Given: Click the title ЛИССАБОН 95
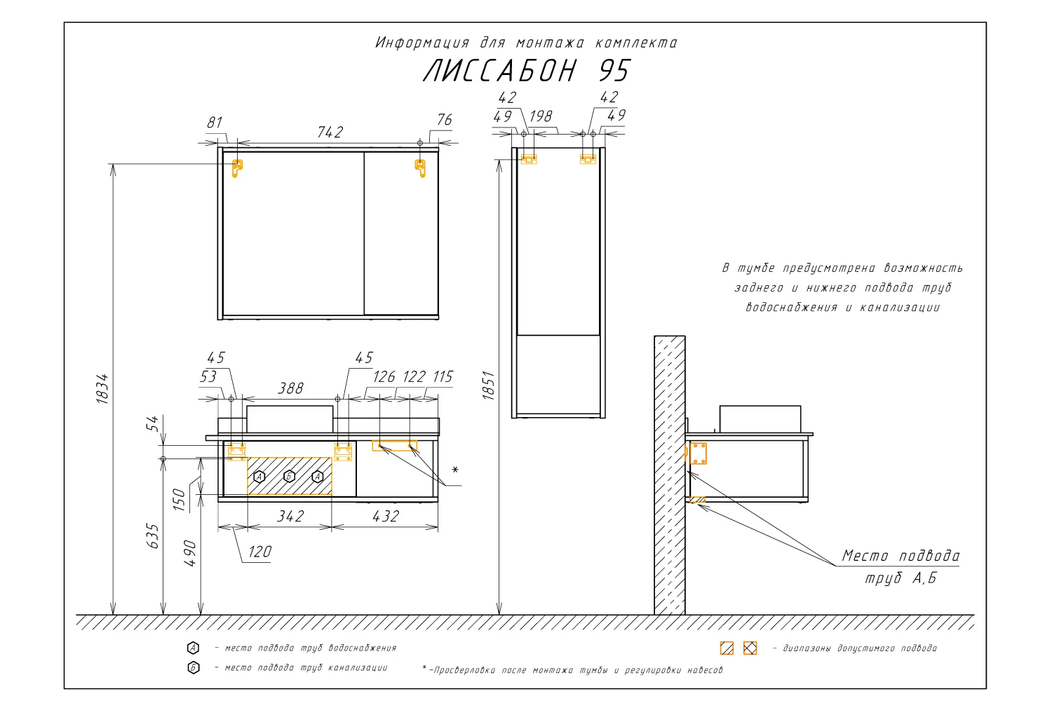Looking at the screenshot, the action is coord(527,71).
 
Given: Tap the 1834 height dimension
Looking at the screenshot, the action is coord(102,389).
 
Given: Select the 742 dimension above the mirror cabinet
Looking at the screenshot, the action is coord(330,132).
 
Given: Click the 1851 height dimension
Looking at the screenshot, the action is coord(488,386).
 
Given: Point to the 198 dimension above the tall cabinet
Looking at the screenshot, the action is coord(541,116).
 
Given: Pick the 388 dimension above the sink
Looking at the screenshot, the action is coord(291,388).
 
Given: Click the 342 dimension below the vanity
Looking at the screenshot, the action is coord(290,517).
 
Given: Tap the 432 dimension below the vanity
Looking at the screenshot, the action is coord(386,517).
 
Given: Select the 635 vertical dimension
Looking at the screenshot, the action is coord(153,536).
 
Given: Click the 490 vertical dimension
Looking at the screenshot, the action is coord(190,553).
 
